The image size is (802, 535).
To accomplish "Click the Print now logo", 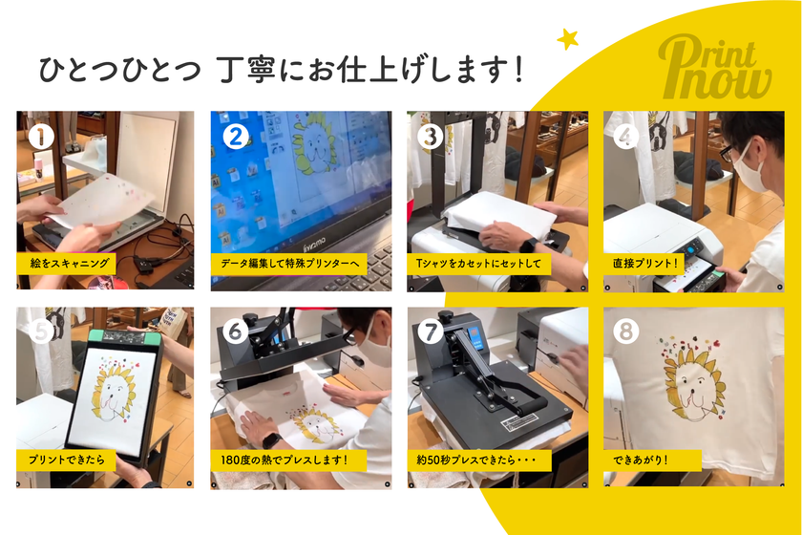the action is click(714, 68).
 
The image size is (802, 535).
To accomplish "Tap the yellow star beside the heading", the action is click(568, 39).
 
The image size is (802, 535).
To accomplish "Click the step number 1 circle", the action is click(41, 137).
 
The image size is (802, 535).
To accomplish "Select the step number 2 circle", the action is click(236, 137).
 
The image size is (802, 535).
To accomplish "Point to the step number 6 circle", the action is click(236, 332).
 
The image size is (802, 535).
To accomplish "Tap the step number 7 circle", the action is click(431, 332).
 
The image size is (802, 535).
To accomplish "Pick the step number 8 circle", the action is click(625, 332).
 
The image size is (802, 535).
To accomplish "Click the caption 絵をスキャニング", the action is click(70, 264).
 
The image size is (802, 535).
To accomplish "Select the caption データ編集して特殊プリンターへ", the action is click(290, 264).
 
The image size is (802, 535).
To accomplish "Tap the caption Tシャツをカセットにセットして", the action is click(478, 264).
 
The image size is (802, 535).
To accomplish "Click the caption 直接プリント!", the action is click(645, 264).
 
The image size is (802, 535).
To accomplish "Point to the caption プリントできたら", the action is click(67, 460).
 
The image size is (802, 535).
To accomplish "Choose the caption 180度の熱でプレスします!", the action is click(285, 460).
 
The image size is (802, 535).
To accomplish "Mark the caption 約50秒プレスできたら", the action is click(467, 460).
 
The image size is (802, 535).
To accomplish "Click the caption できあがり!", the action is click(641, 460).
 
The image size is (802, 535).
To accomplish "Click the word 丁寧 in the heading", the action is click(245, 69).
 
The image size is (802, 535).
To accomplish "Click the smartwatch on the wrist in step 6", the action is click(271, 439).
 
